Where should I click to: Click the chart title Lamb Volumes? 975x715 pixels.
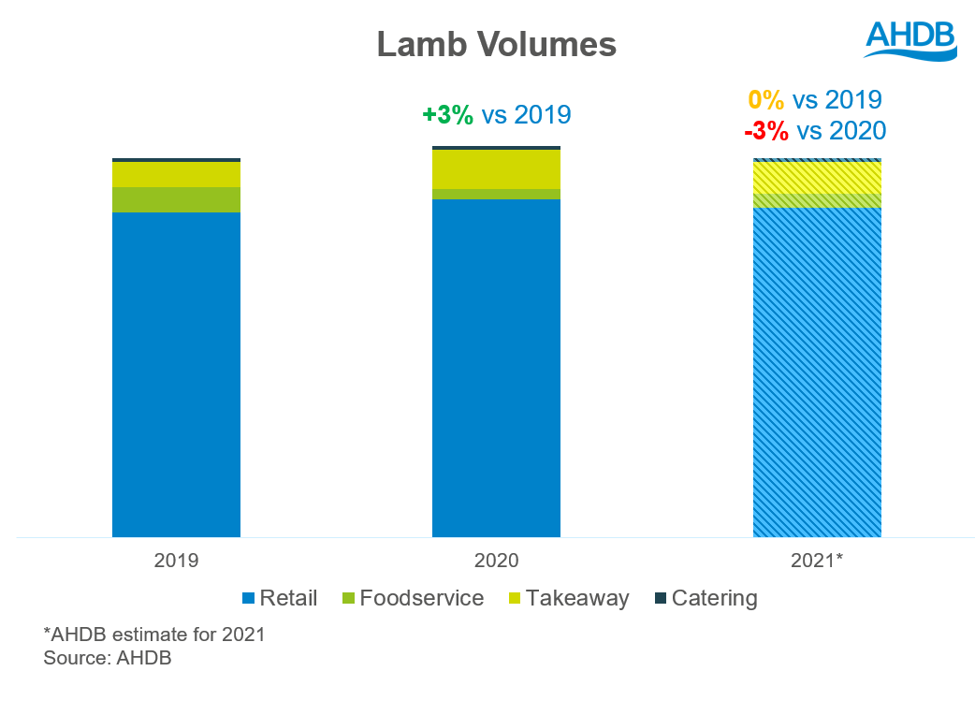[x=496, y=45]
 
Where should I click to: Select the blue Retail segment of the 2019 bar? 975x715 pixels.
[x=176, y=374]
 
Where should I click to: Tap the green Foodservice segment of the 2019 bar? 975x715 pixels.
[x=176, y=199]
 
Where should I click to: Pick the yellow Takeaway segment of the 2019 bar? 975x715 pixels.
[x=176, y=174]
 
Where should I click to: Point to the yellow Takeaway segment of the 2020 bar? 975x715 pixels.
[x=496, y=169]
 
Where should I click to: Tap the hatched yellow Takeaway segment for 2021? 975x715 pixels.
[x=817, y=178]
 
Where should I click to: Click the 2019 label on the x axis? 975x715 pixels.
[x=176, y=561]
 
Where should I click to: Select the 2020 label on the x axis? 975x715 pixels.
[x=496, y=561]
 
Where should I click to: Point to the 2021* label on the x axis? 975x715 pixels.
[x=817, y=561]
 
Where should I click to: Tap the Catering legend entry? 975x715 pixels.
[x=704, y=598]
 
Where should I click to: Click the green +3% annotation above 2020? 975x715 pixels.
[x=447, y=115]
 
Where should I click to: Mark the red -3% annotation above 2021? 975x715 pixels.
[x=765, y=130]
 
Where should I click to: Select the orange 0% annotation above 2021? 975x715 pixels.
[x=766, y=100]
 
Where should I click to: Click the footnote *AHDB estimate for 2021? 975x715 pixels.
[x=154, y=635]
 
